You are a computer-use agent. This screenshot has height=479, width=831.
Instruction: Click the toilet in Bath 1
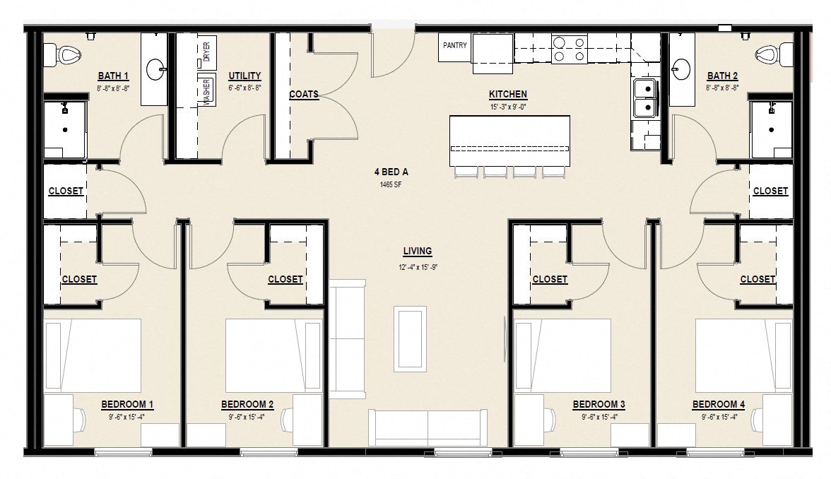[64, 53]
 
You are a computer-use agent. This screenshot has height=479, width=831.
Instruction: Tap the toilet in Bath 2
[768, 53]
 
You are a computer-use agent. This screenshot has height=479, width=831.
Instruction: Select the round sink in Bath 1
[155, 69]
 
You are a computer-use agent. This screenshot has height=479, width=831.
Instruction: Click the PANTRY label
[455, 46]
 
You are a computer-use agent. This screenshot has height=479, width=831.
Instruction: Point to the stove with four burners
[569, 49]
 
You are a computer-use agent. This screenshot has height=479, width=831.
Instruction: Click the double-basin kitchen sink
[644, 98]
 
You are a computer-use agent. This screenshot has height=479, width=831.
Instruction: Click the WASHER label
[207, 91]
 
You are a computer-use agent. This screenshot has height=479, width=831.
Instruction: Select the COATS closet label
[304, 94]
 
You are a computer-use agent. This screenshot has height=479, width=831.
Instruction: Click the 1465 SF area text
[391, 185]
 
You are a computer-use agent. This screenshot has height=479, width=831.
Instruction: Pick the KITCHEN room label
[507, 94]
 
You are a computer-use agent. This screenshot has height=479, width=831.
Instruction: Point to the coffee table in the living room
[410, 338]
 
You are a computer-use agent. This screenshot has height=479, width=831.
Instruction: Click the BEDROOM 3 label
[599, 404]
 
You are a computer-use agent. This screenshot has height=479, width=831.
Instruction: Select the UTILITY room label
[244, 76]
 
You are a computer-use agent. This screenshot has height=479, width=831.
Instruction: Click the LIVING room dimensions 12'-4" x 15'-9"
[417, 266]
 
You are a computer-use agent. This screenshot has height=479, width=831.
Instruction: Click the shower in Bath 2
[771, 129]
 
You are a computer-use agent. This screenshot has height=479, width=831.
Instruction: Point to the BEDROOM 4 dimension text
[719, 417]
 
